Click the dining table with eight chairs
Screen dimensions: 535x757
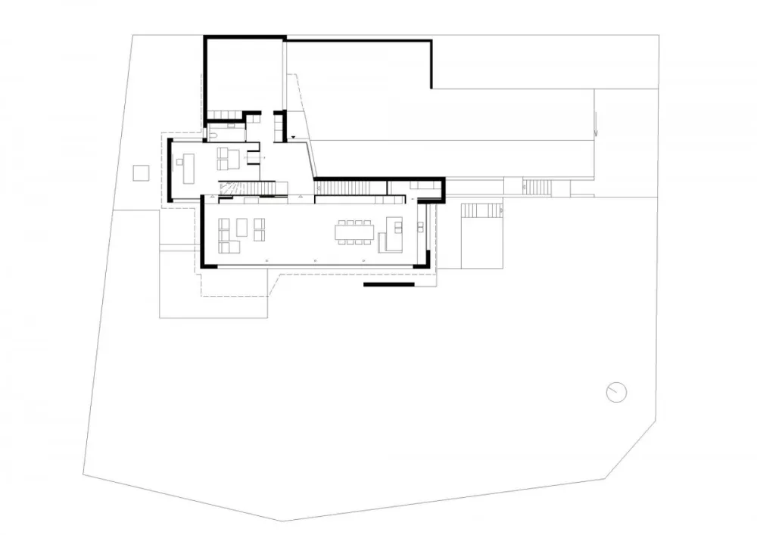click(x=354, y=232)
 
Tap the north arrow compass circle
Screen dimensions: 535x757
click(x=617, y=392)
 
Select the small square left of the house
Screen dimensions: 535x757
click(x=141, y=173)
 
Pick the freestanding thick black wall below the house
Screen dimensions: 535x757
click(x=388, y=285)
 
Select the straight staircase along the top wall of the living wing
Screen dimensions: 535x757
click(x=349, y=186)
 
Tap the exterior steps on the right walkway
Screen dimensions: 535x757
click(x=538, y=186)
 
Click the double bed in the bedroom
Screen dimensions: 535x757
click(x=228, y=159)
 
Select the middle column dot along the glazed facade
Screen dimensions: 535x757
click(x=316, y=260)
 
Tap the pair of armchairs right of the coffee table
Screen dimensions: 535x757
click(x=260, y=229)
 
